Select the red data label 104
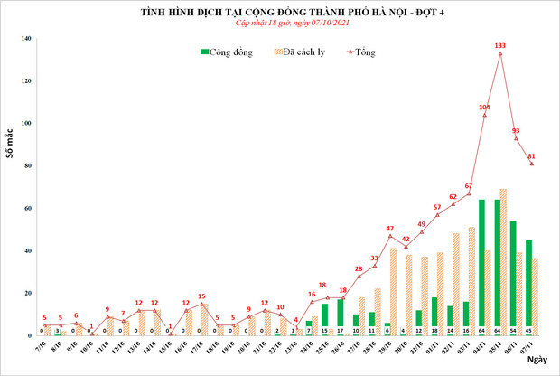click(484, 108)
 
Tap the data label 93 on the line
click(516, 130)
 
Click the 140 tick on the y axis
click(26, 39)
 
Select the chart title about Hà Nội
click(280, 12)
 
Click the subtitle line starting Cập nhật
click(280, 24)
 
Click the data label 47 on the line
click(389, 229)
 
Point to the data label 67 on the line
click(469, 186)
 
